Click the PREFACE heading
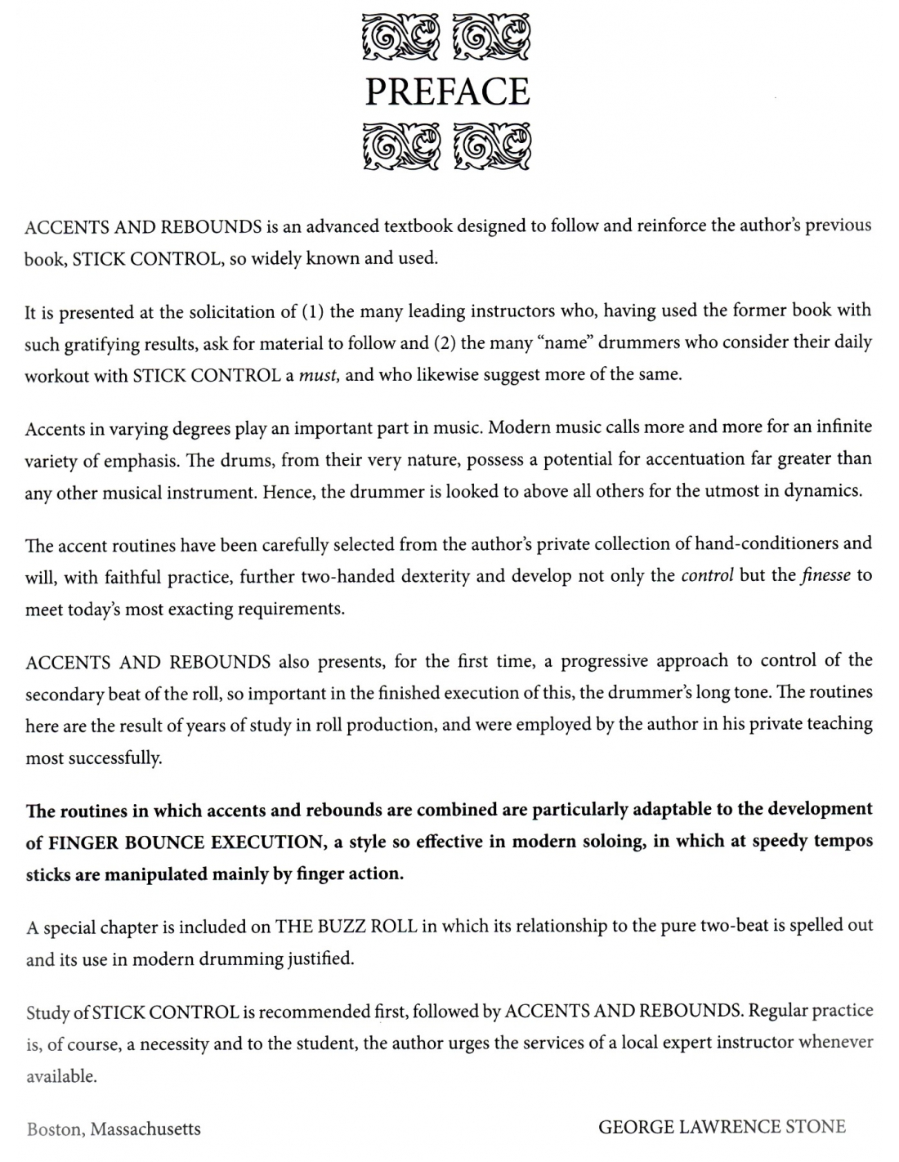click(x=447, y=92)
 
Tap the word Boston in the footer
click(x=53, y=1129)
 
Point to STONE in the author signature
click(x=815, y=1127)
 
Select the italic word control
click(x=707, y=574)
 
